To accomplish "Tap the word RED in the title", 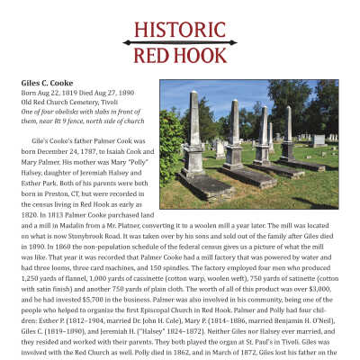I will tap(150, 55).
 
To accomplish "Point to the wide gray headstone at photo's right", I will tap(319, 140).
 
